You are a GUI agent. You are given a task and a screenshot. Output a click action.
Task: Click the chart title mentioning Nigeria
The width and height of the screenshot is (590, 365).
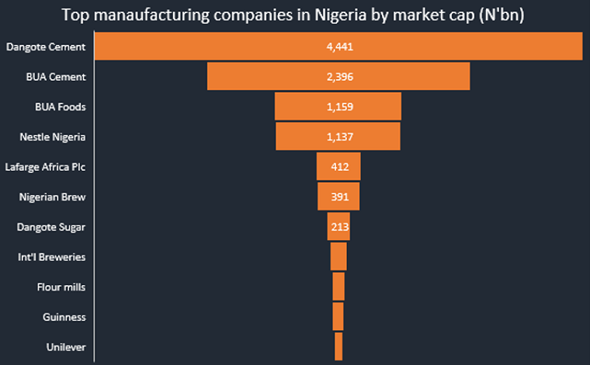coord(294,15)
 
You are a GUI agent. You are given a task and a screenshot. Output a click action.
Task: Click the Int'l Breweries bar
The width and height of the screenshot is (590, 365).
coord(338,256)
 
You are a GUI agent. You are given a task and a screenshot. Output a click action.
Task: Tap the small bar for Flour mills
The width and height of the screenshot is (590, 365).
coord(338,287)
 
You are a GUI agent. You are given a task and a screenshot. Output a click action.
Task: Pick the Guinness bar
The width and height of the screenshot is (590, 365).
coord(338,317)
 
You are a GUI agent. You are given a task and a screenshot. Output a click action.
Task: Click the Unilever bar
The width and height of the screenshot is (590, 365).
coord(338,346)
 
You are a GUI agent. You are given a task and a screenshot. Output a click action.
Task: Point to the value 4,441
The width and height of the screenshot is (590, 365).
coord(338,47)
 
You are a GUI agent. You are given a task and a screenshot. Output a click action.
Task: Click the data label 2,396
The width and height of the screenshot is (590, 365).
coord(338,77)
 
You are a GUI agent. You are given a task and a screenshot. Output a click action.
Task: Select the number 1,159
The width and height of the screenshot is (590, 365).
coord(338,107)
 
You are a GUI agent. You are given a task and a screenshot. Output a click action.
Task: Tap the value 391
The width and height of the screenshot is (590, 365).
coord(340,197)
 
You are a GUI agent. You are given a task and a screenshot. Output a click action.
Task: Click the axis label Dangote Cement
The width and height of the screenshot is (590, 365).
coord(45,47)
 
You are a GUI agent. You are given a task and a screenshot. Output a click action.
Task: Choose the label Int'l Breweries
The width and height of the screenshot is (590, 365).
coord(51,256)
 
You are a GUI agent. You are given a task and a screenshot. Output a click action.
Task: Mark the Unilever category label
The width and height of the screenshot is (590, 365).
coord(65,347)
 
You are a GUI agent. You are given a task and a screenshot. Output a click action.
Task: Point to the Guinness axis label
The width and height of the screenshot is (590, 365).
coord(64,317)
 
